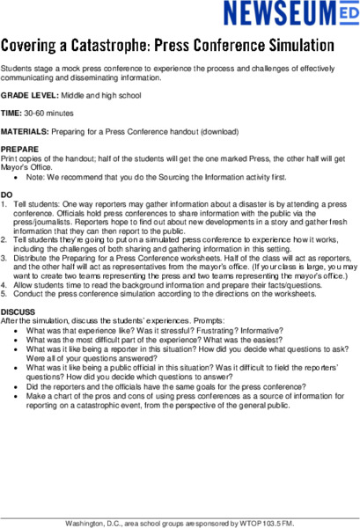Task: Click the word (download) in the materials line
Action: pos(218,131)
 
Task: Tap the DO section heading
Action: pos(7,194)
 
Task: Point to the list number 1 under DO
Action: pos(4,203)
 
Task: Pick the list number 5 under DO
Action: pos(4,293)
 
